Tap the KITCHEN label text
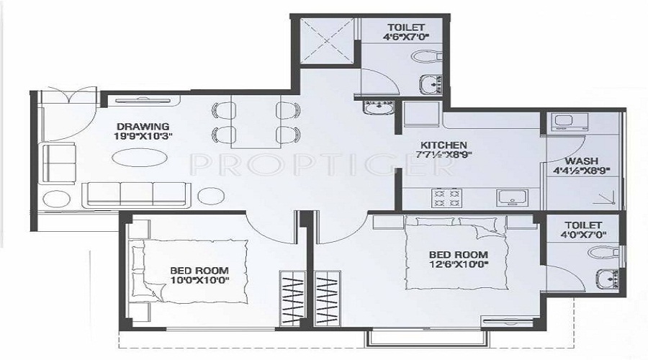[444, 145]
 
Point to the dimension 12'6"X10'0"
[459, 264]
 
